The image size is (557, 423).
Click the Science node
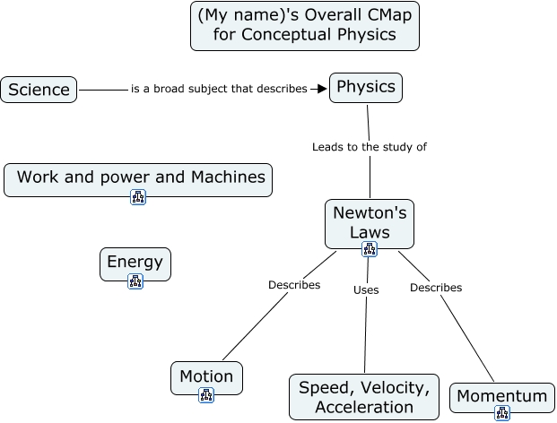[39, 90]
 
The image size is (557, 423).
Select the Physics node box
[366, 88]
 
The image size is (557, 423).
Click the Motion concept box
[206, 376]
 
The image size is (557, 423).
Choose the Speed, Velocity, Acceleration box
[364, 397]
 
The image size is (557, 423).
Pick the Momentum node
[501, 396]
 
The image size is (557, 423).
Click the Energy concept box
[135, 263]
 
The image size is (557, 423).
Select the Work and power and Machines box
[138, 177]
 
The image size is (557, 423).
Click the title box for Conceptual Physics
[305, 27]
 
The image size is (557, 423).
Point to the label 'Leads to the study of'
[369, 147]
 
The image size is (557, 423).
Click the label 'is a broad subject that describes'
[219, 89]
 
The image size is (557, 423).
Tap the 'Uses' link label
[366, 289]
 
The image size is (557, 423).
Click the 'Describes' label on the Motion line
[294, 285]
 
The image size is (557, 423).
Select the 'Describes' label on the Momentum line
[436, 288]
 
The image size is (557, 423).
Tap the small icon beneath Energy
[135, 281]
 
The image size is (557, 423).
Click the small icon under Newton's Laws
[370, 249]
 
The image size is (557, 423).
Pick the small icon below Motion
[206, 395]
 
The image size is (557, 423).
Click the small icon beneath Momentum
[502, 413]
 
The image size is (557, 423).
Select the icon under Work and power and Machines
[138, 197]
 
